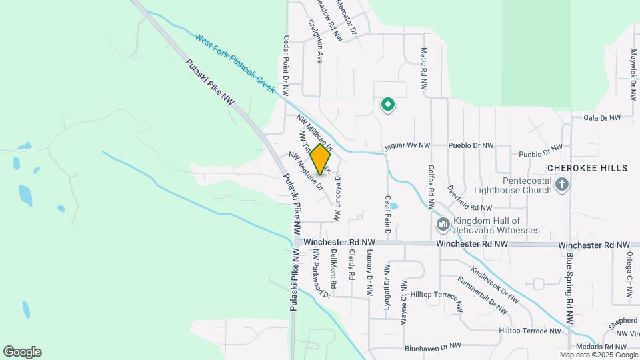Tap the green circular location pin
pyautogui.click(x=387, y=105)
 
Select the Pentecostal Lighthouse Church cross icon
pyautogui.click(x=562, y=185)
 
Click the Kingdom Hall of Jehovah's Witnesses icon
pyautogui.click(x=443, y=226)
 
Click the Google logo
pyautogui.click(x=22, y=352)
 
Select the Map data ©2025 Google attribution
pyautogui.click(x=599, y=355)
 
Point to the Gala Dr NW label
pyautogui.click(x=601, y=117)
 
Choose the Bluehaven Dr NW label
pyautogui.click(x=433, y=347)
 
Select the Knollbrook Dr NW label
pyautogui.click(x=495, y=285)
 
